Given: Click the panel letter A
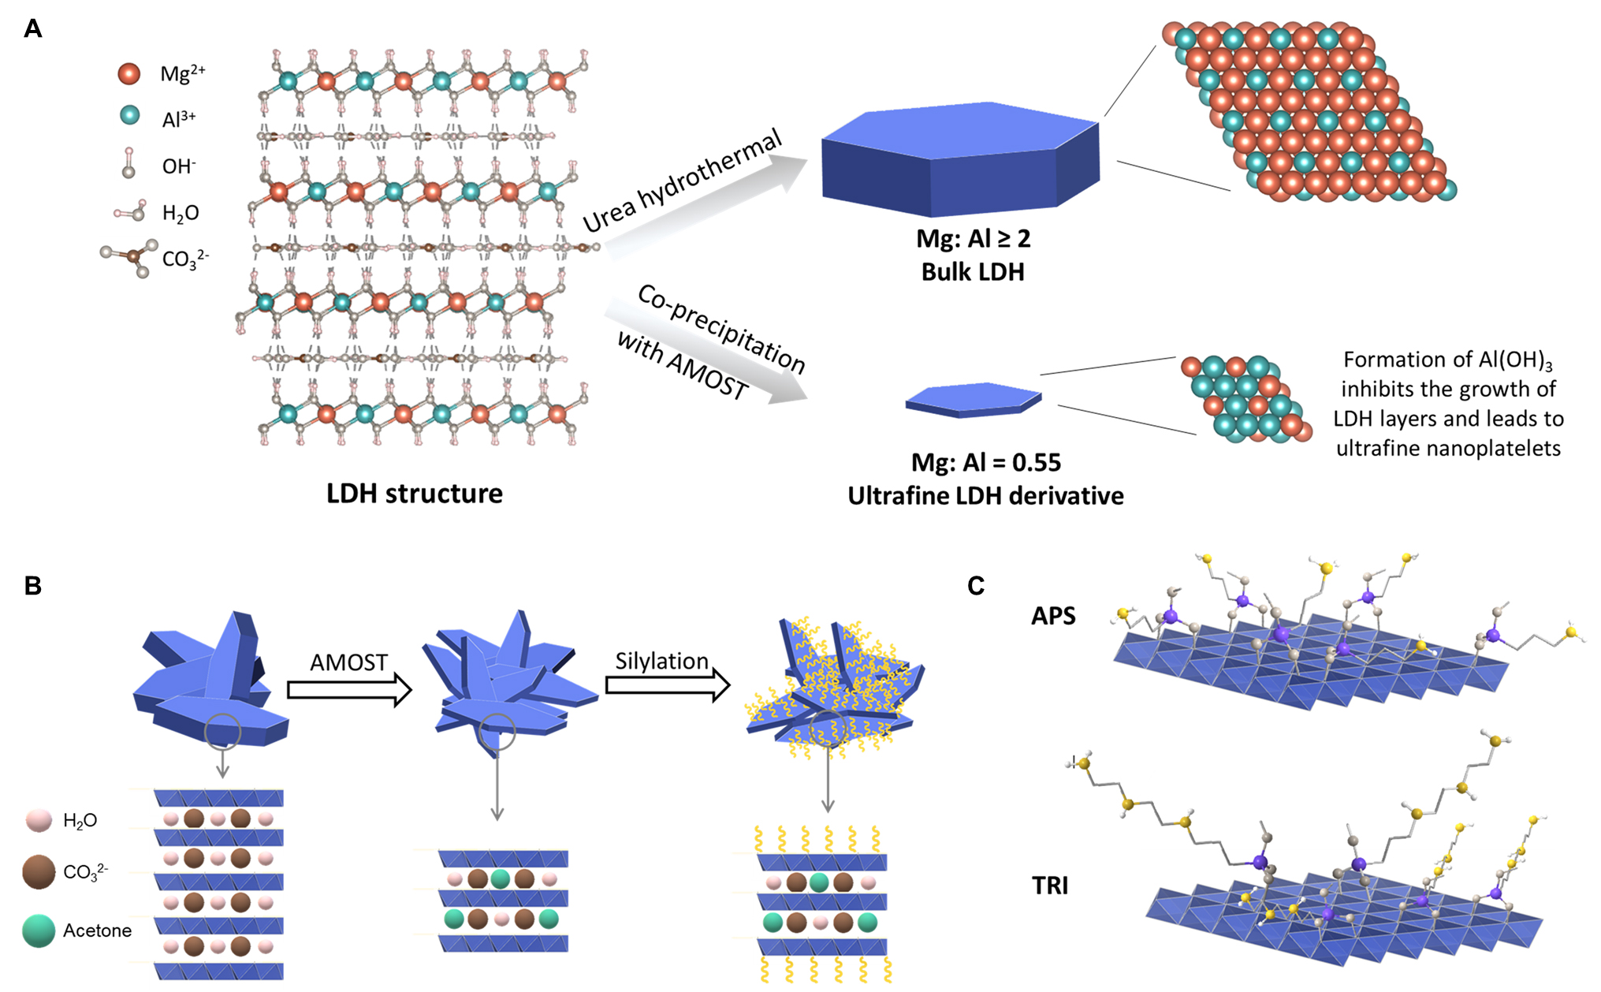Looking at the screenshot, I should (33, 30).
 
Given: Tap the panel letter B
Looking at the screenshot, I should (33, 586).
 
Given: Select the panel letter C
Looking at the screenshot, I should (976, 586).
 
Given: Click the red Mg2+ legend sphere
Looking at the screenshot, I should (129, 74).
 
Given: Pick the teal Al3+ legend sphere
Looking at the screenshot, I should (129, 116).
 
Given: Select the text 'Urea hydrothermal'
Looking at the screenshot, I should (683, 181).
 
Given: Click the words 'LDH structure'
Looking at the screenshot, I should (415, 494).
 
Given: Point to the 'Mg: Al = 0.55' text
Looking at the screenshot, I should (985, 462).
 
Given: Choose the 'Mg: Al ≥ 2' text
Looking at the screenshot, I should (974, 238).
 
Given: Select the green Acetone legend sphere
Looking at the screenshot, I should (39, 930).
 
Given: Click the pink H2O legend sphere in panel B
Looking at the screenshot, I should (39, 820).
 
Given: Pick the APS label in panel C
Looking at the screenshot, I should (1053, 616).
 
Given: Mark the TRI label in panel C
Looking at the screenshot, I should (1050, 886).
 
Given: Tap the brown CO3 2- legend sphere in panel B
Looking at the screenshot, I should (39, 872).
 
